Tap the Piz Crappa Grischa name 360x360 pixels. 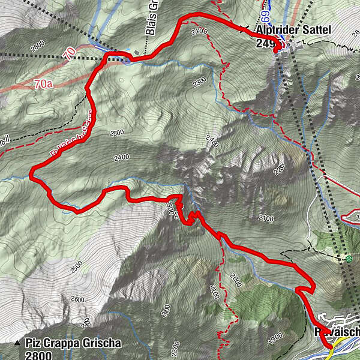pos(73,344)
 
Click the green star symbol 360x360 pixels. pos(349,259)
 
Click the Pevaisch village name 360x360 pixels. pos(337,332)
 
